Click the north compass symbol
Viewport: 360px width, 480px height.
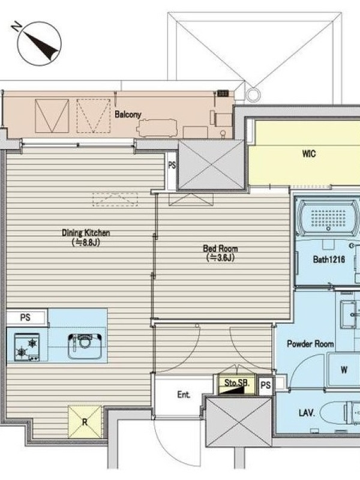pos(39,43)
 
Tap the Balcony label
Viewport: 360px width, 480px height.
pos(128,115)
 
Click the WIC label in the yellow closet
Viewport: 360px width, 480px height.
pos(308,154)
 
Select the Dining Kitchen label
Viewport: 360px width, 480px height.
pos(86,233)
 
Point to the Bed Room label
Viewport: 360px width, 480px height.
pos(220,248)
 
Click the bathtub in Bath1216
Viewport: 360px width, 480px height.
pos(328,218)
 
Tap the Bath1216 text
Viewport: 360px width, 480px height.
pos(329,260)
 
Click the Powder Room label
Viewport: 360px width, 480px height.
pos(310,344)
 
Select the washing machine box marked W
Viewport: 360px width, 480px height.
pos(343,370)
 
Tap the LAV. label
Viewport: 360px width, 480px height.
pos(307,413)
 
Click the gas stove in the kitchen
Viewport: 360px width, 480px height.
pos(27,347)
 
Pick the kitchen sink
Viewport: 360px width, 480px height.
pos(85,347)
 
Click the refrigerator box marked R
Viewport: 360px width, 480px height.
pos(85,422)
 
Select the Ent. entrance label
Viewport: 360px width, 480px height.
pos(184,395)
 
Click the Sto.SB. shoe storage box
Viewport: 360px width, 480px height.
pos(237,384)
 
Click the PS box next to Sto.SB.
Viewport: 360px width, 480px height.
pos(266,385)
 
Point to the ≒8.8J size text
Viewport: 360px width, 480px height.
pos(86,242)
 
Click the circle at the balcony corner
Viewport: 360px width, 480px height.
pos(253,95)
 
